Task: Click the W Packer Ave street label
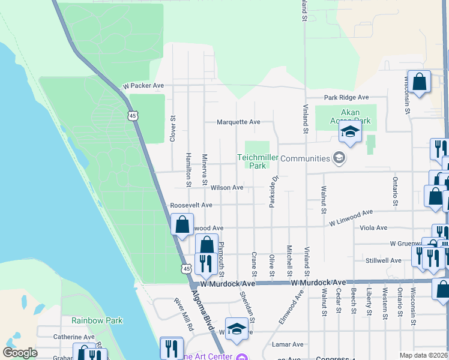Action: click(x=143, y=86)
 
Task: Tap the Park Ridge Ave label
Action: click(x=346, y=97)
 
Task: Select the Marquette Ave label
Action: click(x=238, y=122)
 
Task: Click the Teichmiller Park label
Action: click(x=259, y=161)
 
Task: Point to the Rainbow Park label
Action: click(x=97, y=320)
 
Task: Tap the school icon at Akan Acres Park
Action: click(x=349, y=133)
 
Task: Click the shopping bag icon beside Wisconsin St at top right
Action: click(x=420, y=83)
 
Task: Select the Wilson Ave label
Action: click(x=227, y=188)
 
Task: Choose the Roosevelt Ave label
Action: click(x=191, y=205)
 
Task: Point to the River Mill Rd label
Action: click(x=184, y=316)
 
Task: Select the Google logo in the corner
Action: click(x=20, y=353)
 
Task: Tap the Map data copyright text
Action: click(x=423, y=355)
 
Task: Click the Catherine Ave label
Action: click(x=74, y=337)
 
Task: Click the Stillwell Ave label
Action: click(x=383, y=260)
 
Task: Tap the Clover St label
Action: click(x=173, y=128)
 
